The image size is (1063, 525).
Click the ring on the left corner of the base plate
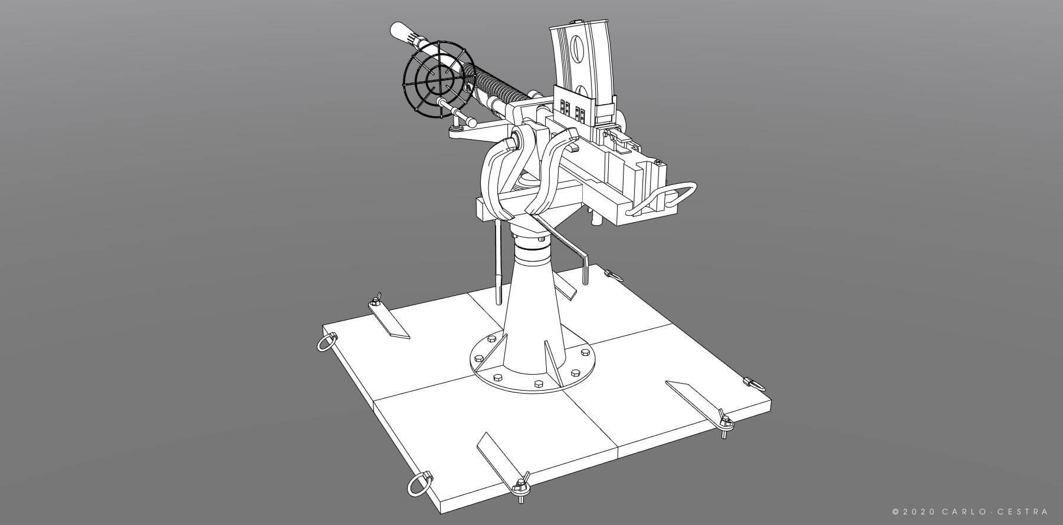(x=326, y=342)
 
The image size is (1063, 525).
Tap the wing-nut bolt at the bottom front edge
(x=521, y=486)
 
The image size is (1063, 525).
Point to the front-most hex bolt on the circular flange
(x=537, y=384)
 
